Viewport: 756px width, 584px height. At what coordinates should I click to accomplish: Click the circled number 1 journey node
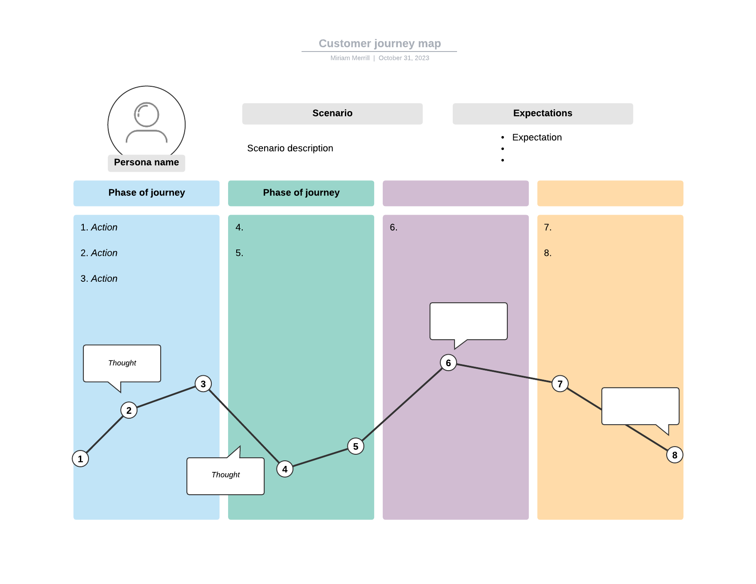(80, 459)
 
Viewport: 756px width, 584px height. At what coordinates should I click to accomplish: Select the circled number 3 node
(203, 384)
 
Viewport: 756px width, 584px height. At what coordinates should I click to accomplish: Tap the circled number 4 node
(285, 469)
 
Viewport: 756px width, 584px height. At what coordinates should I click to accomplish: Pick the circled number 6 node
(448, 363)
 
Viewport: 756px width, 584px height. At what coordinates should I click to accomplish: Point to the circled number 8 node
(674, 455)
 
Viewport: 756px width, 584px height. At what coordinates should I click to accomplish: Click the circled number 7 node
(560, 383)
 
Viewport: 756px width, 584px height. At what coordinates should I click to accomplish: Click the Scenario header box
(332, 113)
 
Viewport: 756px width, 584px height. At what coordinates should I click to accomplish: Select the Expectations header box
(543, 113)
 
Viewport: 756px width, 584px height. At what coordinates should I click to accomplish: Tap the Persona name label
(146, 163)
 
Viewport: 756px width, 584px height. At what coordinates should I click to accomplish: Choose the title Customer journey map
(380, 43)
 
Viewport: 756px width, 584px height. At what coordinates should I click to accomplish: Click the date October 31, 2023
(404, 58)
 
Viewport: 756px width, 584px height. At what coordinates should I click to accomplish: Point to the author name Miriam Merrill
(350, 58)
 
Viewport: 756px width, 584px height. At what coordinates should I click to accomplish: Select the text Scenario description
(290, 148)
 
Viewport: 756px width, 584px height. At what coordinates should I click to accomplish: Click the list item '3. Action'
(99, 279)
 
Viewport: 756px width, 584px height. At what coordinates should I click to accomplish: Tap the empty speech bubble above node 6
(468, 321)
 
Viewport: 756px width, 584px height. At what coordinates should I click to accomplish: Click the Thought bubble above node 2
(122, 363)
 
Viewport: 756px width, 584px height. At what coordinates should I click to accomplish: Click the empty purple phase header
(455, 193)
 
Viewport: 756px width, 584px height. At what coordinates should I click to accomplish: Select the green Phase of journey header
(301, 193)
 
